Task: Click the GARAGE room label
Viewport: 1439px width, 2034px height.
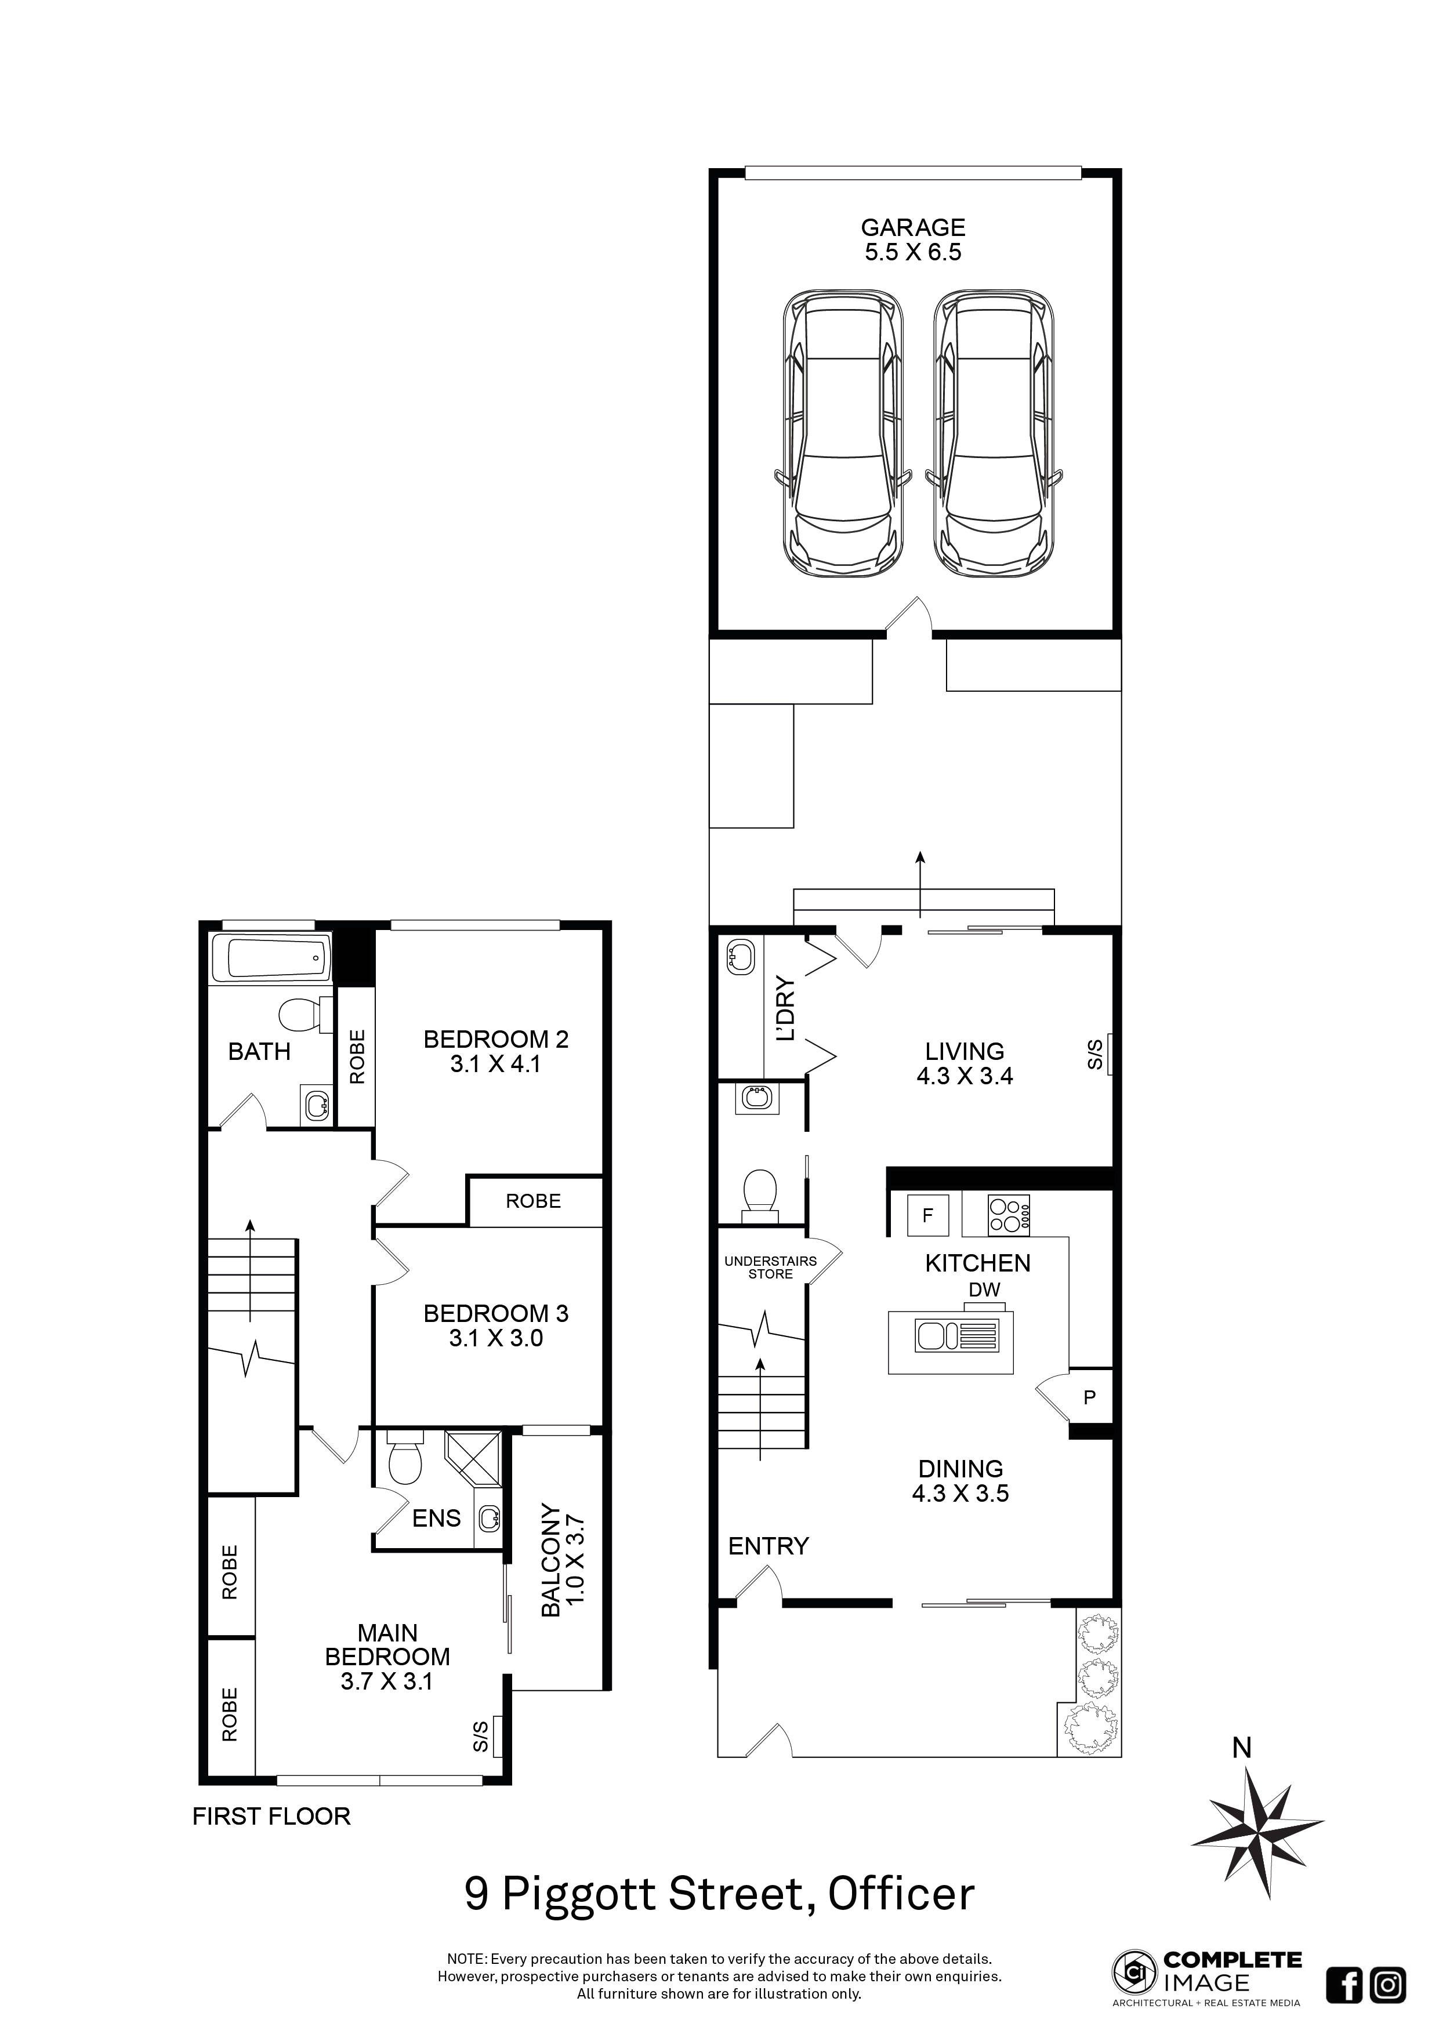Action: (x=913, y=228)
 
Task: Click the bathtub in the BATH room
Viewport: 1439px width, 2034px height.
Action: (x=271, y=958)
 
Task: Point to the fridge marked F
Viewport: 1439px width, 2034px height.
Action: (x=928, y=1215)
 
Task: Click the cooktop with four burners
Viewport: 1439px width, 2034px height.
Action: (x=1009, y=1215)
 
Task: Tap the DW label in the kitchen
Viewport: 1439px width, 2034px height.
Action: (x=984, y=1290)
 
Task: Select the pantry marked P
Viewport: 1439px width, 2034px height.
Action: (x=1090, y=1397)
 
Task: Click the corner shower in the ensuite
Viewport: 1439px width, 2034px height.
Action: (x=479, y=1458)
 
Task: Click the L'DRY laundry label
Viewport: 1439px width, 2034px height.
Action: (x=785, y=1009)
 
